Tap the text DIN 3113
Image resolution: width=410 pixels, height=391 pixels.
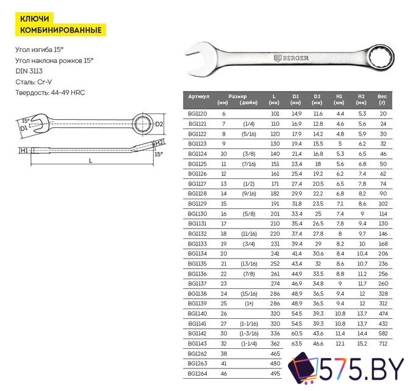pyautogui.click(x=30, y=71)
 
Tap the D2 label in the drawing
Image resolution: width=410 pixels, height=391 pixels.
pyautogui.click(x=159, y=125)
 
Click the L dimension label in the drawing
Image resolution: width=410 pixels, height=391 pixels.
pyautogui.click(x=90, y=160)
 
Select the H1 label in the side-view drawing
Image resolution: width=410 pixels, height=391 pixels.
pyautogui.click(x=23, y=150)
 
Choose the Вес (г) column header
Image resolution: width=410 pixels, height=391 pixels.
pyautogui.click(x=382, y=99)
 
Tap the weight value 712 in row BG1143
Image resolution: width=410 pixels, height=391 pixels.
pyautogui.click(x=383, y=345)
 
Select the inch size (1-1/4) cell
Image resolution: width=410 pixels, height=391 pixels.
pyautogui.click(x=248, y=345)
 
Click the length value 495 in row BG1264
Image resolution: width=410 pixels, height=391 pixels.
pyautogui.click(x=275, y=373)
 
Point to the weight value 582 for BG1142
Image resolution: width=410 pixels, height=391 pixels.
pyautogui.click(x=383, y=334)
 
